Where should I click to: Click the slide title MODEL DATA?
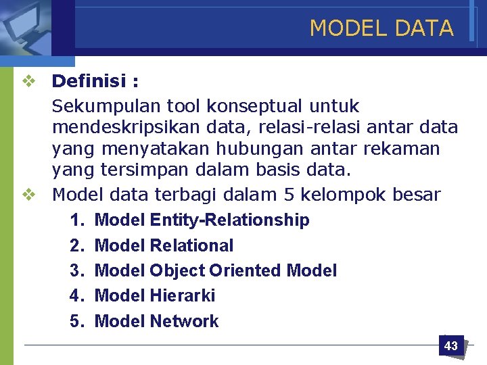point(381,28)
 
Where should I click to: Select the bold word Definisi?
point(89,82)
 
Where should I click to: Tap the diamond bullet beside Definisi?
point(28,82)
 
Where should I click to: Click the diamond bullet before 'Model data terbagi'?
point(28,195)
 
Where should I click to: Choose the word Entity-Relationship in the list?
point(229,220)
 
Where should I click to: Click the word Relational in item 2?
point(191,245)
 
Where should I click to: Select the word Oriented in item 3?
point(245,270)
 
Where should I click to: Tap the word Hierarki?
point(182,295)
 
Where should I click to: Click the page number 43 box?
point(450,345)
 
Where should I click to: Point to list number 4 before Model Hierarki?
point(76,295)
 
